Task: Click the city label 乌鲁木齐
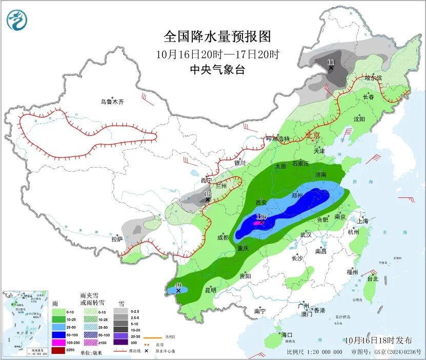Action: pos(112,102)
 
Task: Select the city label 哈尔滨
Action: pos(373,78)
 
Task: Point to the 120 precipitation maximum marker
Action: pos(260,218)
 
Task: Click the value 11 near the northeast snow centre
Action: pos(331,62)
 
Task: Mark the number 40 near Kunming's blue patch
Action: pos(178,285)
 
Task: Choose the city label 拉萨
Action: pos(117,238)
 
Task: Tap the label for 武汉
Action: pos(306,234)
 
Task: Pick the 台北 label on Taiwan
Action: pos(372,279)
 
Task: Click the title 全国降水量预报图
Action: pos(217,36)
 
